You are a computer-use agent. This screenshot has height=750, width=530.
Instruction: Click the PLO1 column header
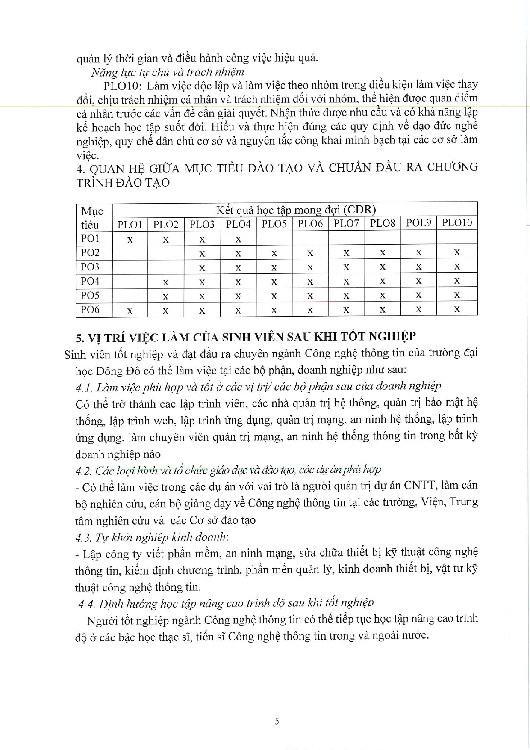[130, 224]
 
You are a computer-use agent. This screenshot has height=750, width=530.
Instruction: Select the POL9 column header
[418, 223]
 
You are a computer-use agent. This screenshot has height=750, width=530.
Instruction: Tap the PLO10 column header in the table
[456, 222]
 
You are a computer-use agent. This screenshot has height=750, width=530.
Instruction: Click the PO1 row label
[90, 238]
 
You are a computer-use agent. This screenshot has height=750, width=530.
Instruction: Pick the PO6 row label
[90, 310]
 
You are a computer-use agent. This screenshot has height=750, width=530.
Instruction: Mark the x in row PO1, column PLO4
[238, 239]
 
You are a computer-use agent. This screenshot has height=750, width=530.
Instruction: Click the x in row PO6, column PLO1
[130, 311]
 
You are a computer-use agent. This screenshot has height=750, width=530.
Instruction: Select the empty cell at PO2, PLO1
[130, 253]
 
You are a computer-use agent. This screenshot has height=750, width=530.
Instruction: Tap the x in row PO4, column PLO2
[166, 282]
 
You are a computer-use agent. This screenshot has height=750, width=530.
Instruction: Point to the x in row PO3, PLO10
[457, 267]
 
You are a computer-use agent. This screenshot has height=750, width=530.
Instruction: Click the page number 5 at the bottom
[277, 721]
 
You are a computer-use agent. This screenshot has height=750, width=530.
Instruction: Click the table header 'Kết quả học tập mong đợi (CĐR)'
[295, 210]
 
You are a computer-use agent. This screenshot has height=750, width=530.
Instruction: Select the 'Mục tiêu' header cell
[92, 218]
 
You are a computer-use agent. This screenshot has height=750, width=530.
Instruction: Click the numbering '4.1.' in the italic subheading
[84, 388]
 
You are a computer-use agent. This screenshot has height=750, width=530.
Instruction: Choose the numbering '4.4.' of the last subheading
[87, 604]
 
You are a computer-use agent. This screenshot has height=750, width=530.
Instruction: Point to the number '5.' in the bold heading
[80, 338]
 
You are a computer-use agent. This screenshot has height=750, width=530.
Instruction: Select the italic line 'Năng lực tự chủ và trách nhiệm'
[168, 72]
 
